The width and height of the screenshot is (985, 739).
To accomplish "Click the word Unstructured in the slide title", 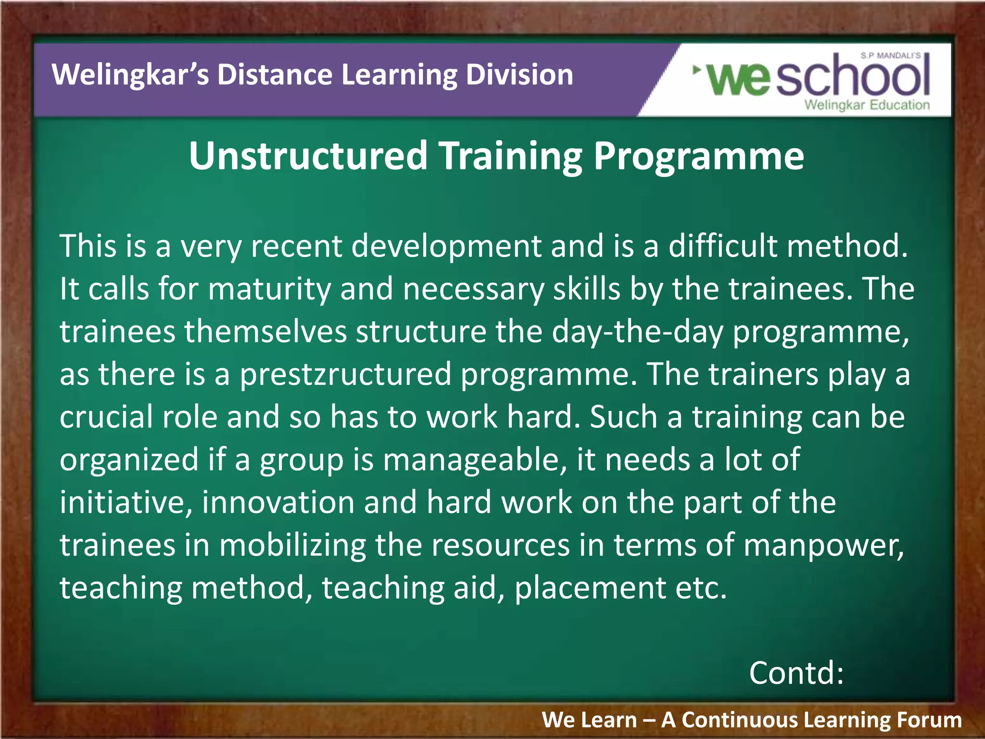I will [308, 156].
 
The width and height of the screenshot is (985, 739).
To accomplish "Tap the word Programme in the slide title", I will [698, 157].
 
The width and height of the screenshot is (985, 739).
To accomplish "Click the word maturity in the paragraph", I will [270, 289].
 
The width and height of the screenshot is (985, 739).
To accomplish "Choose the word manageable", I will [474, 460].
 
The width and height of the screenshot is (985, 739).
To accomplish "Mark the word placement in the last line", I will [590, 588].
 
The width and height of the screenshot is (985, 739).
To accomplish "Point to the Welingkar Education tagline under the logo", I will [867, 105].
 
